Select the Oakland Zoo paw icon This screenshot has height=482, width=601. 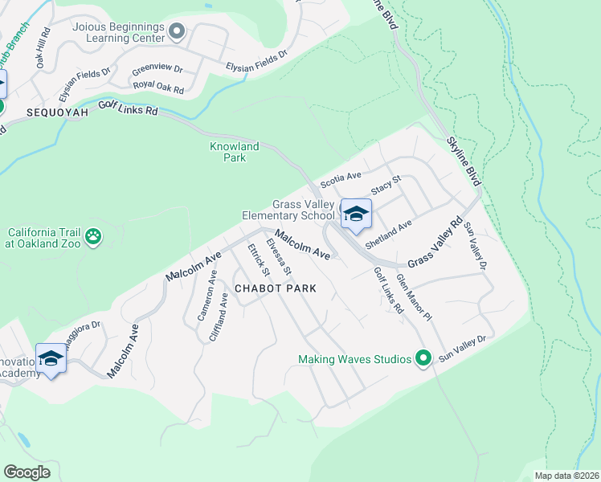[95, 236]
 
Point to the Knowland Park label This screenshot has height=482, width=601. [234, 152]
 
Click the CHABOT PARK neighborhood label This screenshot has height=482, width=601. [274, 288]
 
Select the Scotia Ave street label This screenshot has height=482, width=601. [341, 180]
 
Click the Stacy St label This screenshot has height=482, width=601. [385, 186]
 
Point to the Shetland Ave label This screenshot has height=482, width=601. [388, 233]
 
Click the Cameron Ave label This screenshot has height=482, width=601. [206, 296]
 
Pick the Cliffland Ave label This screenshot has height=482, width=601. [219, 317]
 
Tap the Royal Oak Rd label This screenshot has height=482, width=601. [158, 86]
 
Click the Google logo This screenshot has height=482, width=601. [27, 472]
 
